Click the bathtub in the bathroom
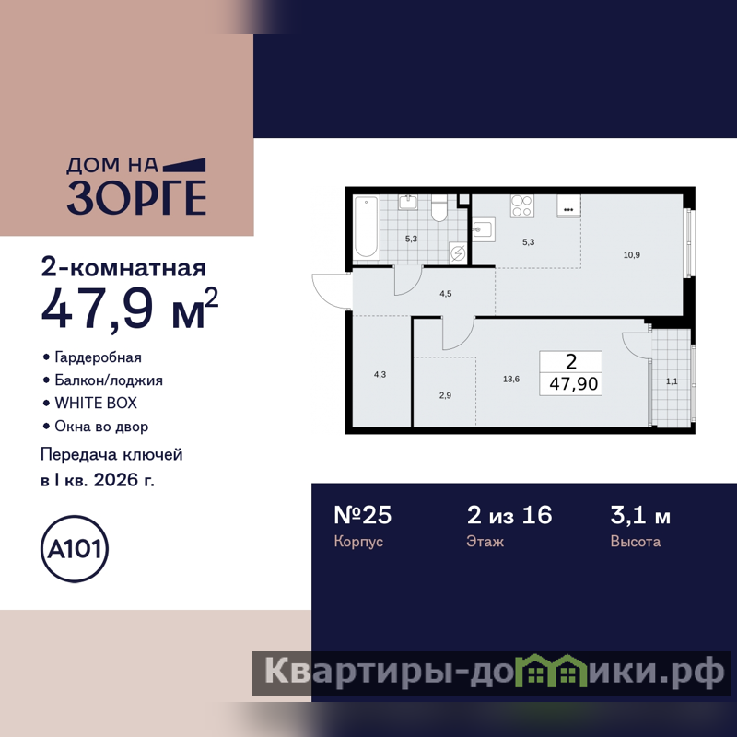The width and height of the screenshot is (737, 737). [x=366, y=227]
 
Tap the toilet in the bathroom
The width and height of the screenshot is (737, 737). [x=439, y=208]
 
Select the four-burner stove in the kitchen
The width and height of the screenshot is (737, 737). [x=522, y=205]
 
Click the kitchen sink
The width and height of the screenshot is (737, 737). [x=484, y=229]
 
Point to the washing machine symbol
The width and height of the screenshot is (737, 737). [x=458, y=253]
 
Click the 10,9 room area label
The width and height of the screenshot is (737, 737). [x=632, y=255]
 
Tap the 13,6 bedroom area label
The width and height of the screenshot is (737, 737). [x=511, y=379]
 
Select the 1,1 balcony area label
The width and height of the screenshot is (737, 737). [x=672, y=381]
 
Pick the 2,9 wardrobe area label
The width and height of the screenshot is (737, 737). [x=445, y=395]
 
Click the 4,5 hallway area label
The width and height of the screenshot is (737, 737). [x=446, y=294]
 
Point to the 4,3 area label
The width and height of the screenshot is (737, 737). [x=380, y=375]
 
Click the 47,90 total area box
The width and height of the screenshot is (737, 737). [x=570, y=373]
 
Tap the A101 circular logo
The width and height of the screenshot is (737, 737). [x=75, y=548]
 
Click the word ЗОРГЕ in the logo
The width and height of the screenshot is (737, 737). [x=136, y=197]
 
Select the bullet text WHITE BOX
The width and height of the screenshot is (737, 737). [x=96, y=403]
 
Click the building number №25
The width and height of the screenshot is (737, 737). [x=362, y=515]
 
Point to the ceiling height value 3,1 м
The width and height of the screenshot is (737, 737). [x=640, y=515]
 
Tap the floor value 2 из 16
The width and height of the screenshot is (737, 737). [x=509, y=515]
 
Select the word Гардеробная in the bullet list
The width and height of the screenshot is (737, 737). [x=99, y=357]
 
